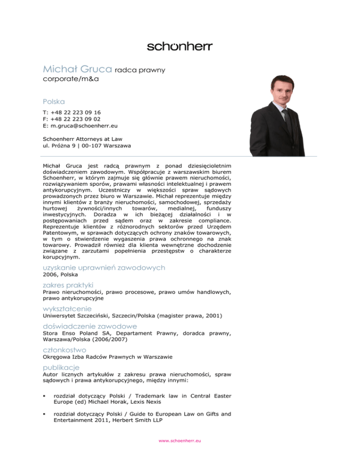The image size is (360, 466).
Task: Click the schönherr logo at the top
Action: click(x=180, y=46)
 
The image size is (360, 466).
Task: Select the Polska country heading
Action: click(x=53, y=101)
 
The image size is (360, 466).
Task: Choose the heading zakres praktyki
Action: click(x=68, y=285)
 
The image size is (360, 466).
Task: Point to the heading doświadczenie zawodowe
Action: click(x=90, y=326)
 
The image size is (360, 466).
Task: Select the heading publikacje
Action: click(x=60, y=367)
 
